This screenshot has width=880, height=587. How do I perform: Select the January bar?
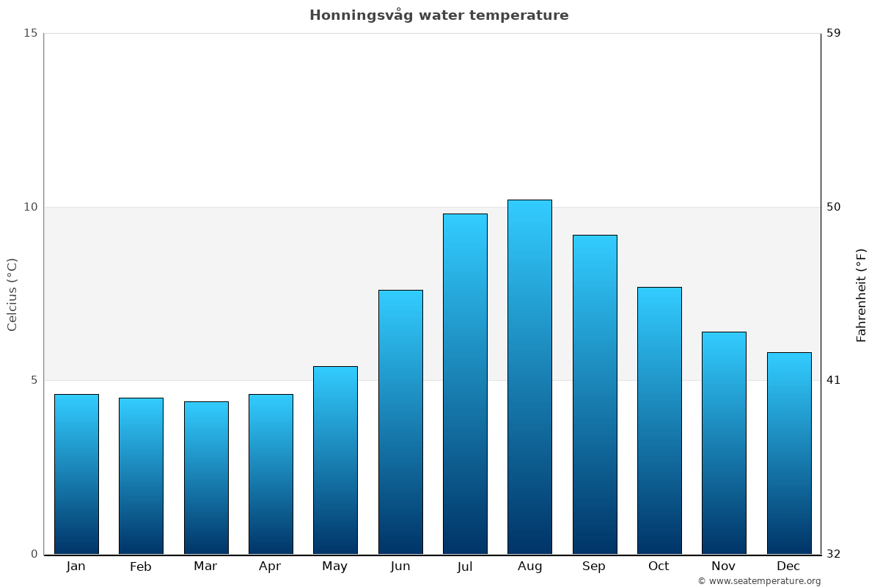click(x=76, y=474)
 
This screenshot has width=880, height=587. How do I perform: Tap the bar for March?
click(x=206, y=478)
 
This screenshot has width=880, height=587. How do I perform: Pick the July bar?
click(x=465, y=384)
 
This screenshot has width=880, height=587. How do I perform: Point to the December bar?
click(x=789, y=453)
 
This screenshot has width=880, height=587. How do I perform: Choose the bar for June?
click(x=400, y=422)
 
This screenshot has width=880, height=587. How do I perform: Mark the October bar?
click(x=659, y=420)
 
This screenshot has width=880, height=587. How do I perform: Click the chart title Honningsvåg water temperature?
click(x=439, y=15)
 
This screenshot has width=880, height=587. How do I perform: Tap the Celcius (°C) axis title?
click(x=12, y=294)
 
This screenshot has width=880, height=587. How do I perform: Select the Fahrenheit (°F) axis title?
click(x=862, y=294)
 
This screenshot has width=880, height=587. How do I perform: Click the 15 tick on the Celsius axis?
click(x=30, y=33)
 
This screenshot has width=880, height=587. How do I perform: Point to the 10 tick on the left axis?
click(x=30, y=207)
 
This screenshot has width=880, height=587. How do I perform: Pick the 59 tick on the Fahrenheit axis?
click(x=833, y=33)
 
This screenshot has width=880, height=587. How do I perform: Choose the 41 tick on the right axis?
click(x=833, y=380)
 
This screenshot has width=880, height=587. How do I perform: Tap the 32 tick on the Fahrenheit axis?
click(x=833, y=554)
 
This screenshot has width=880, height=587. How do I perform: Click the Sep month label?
click(x=594, y=566)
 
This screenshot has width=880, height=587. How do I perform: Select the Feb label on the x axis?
click(x=141, y=566)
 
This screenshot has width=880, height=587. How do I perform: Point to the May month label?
click(x=335, y=566)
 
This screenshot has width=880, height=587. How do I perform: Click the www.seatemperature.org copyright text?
click(x=759, y=581)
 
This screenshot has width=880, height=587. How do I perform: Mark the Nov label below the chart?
click(x=724, y=566)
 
